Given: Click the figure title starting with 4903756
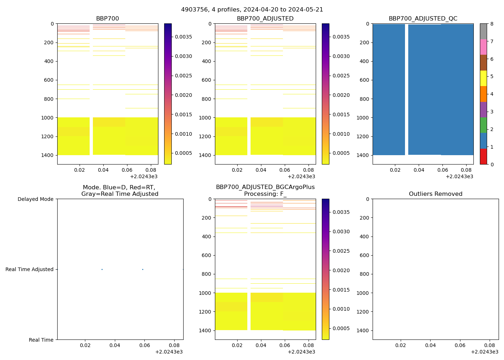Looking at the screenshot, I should click(x=252, y=10).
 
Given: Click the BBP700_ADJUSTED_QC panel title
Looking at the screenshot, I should click(x=423, y=19).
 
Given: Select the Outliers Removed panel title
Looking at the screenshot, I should click(x=435, y=194).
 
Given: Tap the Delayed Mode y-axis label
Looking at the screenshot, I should click(x=35, y=199).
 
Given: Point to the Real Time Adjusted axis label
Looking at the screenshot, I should click(x=29, y=269).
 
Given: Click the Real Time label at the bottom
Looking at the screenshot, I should click(x=41, y=340).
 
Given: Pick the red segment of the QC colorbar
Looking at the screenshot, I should click(x=483, y=157).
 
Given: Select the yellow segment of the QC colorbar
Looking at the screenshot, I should click(x=483, y=78).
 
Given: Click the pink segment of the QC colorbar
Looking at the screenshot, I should click(x=483, y=47).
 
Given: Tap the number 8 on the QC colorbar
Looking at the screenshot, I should click(x=492, y=24).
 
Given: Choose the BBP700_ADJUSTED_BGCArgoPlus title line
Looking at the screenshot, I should click(x=265, y=187).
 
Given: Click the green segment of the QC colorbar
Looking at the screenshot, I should click(x=483, y=125).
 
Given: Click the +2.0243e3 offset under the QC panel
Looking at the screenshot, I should click(x=459, y=176).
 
